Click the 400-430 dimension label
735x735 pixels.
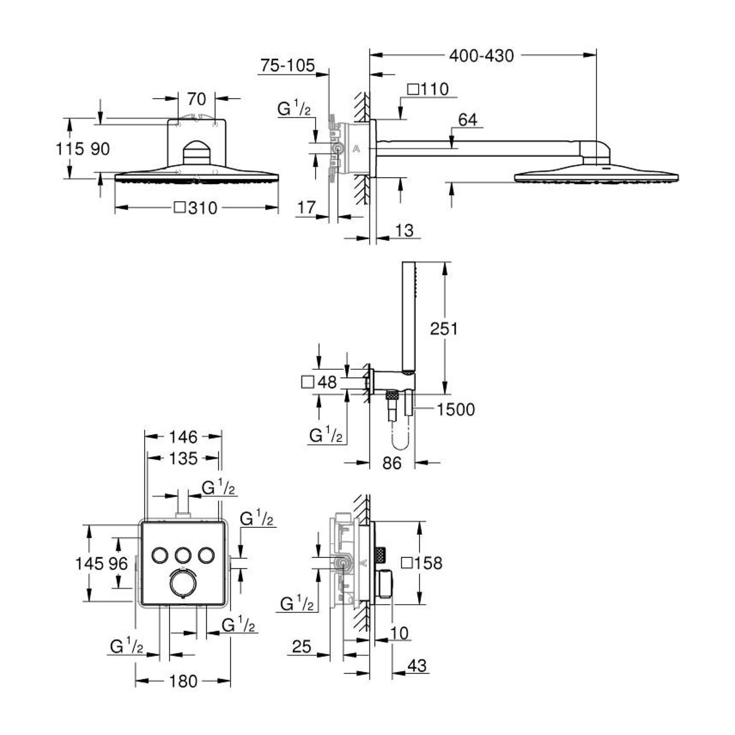(481, 56)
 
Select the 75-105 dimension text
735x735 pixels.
(288, 65)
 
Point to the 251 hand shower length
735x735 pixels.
(444, 328)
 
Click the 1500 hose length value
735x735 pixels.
(456, 409)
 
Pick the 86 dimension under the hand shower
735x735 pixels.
(392, 463)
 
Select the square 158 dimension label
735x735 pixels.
(422, 563)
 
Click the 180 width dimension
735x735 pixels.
(183, 681)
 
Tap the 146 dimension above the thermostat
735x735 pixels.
(183, 436)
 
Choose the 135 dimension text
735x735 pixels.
(183, 459)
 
